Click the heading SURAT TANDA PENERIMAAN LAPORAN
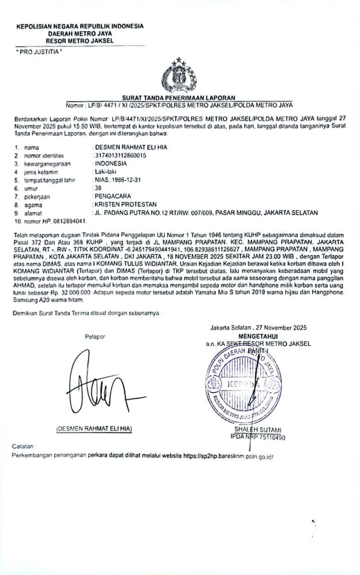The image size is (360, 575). tap(179, 98)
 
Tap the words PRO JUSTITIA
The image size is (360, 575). tap(38, 52)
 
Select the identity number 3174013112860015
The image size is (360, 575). tap(120, 155)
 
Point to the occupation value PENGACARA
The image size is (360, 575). tap(112, 196)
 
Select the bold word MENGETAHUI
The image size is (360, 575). tap(258, 336)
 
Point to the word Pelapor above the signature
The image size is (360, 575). tap(94, 336)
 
